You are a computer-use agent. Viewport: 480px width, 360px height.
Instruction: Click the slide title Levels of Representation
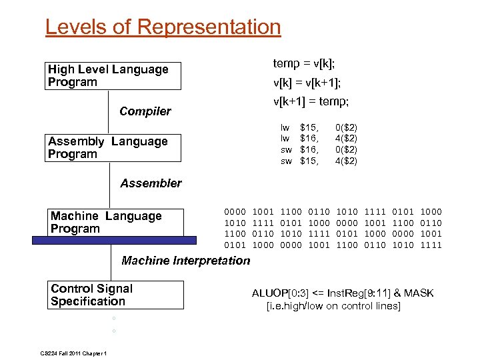tap(163, 27)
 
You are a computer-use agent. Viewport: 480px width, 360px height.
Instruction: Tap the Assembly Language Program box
tap(113, 148)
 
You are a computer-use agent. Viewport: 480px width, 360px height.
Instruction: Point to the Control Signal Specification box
tap(116, 295)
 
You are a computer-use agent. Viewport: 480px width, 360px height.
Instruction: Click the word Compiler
tap(145, 111)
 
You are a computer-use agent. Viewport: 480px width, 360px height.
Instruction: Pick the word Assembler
tap(151, 183)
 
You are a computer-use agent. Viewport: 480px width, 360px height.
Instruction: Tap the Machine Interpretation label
tap(185, 261)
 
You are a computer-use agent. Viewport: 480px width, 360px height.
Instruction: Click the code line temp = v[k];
tap(304, 63)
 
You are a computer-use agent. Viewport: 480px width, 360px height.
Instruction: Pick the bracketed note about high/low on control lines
tap(333, 306)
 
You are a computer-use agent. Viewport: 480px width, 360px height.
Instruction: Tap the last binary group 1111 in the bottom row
tap(431, 245)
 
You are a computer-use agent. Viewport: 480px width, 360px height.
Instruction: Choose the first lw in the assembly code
tap(285, 127)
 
